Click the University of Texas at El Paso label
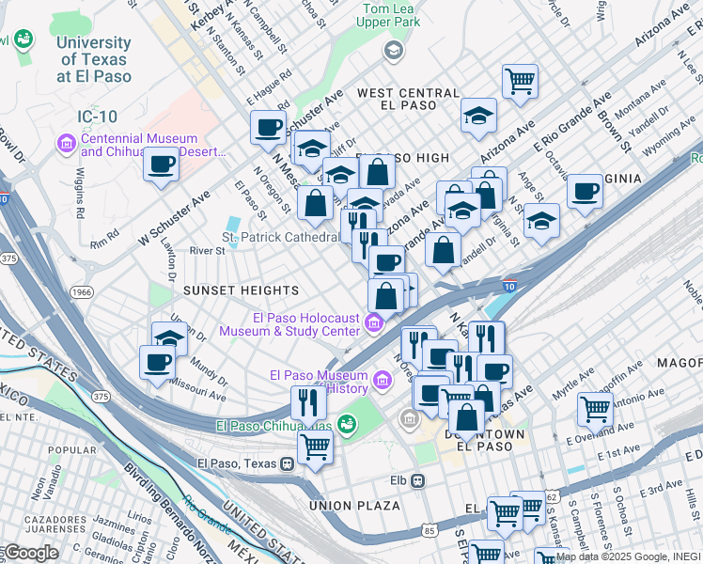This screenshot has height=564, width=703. pos(93,59)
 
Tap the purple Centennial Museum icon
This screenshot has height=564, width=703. pos(67,144)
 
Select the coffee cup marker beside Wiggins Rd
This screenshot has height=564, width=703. pos(160,164)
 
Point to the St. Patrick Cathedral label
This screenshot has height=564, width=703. pos(280,237)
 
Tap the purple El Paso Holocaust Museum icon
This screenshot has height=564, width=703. pos(374,324)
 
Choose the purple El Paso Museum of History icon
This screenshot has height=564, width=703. pos(382,381)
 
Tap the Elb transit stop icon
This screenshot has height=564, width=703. pos(416,480)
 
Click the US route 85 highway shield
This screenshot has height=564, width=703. pos(430,531)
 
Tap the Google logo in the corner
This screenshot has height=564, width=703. pos(30,553)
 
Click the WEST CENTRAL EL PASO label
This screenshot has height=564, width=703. pos(408,99)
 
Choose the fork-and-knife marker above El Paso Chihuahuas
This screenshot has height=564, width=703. pos(307,402)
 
